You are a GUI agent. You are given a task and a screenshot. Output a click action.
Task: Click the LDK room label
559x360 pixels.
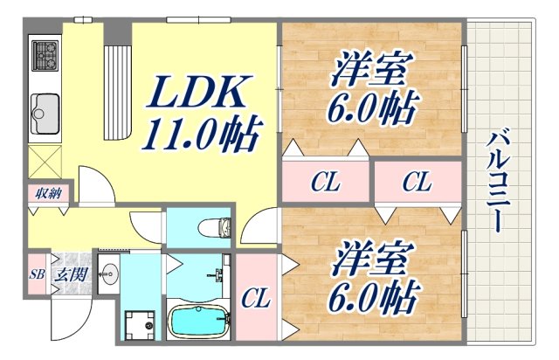tap(206, 92)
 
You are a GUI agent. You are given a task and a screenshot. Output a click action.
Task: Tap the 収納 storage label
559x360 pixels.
tap(48, 193)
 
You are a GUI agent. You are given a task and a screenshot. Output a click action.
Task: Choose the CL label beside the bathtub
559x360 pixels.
tap(256, 300)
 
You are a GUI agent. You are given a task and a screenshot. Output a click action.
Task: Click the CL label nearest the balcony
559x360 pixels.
tap(417, 183)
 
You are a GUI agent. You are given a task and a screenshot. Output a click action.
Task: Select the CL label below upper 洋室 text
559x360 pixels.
tap(326, 183)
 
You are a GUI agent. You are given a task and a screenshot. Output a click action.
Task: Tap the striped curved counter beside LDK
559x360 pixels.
tap(116, 87)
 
